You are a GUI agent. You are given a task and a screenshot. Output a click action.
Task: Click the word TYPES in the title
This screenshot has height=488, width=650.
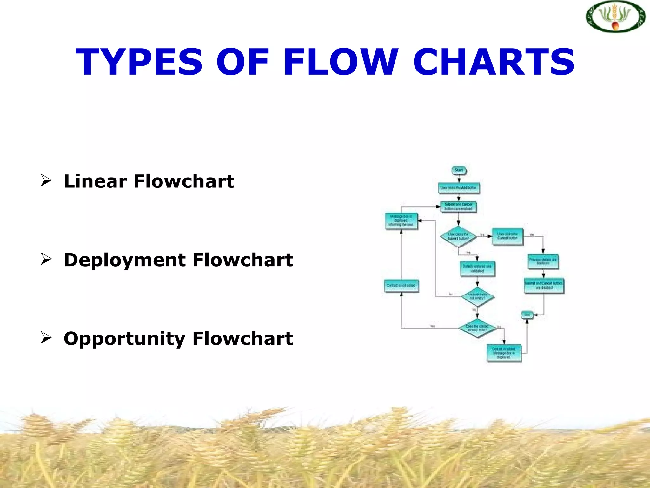(x=139, y=62)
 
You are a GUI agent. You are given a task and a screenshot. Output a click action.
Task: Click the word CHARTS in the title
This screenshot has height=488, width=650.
(x=494, y=62)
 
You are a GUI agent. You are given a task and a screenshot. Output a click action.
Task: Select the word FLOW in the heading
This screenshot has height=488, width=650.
(x=341, y=62)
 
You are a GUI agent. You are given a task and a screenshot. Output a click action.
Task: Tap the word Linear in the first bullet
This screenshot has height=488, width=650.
(x=95, y=181)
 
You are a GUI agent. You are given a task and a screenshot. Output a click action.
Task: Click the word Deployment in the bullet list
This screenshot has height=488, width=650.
(x=125, y=260)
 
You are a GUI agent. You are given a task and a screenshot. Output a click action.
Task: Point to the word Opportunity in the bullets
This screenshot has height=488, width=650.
(x=124, y=339)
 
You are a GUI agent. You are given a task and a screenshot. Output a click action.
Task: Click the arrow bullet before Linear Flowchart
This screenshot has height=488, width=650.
(x=46, y=180)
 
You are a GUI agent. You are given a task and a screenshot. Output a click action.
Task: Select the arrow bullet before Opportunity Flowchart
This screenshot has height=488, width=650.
(x=46, y=337)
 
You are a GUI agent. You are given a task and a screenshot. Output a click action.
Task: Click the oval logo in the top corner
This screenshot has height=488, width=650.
(x=615, y=17)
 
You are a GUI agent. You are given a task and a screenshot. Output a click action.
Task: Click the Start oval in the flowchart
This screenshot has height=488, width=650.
(x=459, y=171)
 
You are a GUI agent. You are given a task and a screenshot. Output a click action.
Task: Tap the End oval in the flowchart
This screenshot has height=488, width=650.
(x=527, y=315)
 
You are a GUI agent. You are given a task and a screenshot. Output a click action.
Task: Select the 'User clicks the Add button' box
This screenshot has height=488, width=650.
(x=459, y=188)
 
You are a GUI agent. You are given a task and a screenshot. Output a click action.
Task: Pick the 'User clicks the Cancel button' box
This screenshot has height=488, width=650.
(x=507, y=236)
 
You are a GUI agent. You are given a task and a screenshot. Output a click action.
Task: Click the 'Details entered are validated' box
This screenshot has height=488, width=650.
(x=477, y=268)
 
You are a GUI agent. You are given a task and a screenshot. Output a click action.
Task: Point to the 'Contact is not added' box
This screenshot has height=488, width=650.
(x=401, y=286)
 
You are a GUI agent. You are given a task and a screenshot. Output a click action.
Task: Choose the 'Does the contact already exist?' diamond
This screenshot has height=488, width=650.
(x=477, y=328)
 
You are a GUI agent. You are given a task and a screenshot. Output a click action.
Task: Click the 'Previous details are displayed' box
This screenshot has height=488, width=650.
(x=543, y=261)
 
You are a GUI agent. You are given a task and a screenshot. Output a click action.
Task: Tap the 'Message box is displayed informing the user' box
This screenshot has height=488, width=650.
(x=401, y=221)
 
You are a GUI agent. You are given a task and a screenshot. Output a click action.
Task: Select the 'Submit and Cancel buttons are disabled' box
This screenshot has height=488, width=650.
(x=544, y=285)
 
